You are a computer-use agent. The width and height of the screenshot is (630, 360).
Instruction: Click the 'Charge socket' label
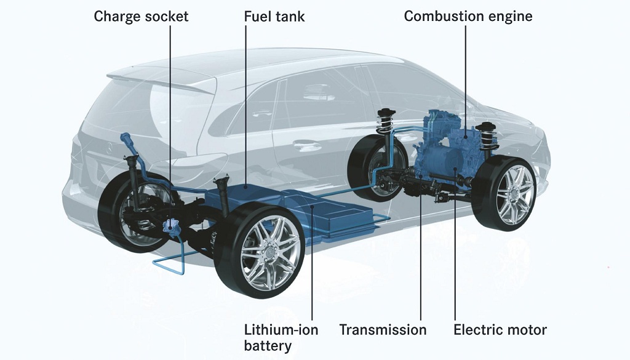click(141, 17)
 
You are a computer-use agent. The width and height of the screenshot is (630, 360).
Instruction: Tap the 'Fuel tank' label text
click(274, 17)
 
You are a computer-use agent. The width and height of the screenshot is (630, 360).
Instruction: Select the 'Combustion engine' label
click(468, 17)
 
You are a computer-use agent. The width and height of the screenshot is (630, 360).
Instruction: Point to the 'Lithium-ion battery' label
click(281, 337)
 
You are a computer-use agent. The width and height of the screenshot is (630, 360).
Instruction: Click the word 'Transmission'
click(383, 330)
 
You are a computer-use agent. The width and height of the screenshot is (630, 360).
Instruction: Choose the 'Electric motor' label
click(500, 330)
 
